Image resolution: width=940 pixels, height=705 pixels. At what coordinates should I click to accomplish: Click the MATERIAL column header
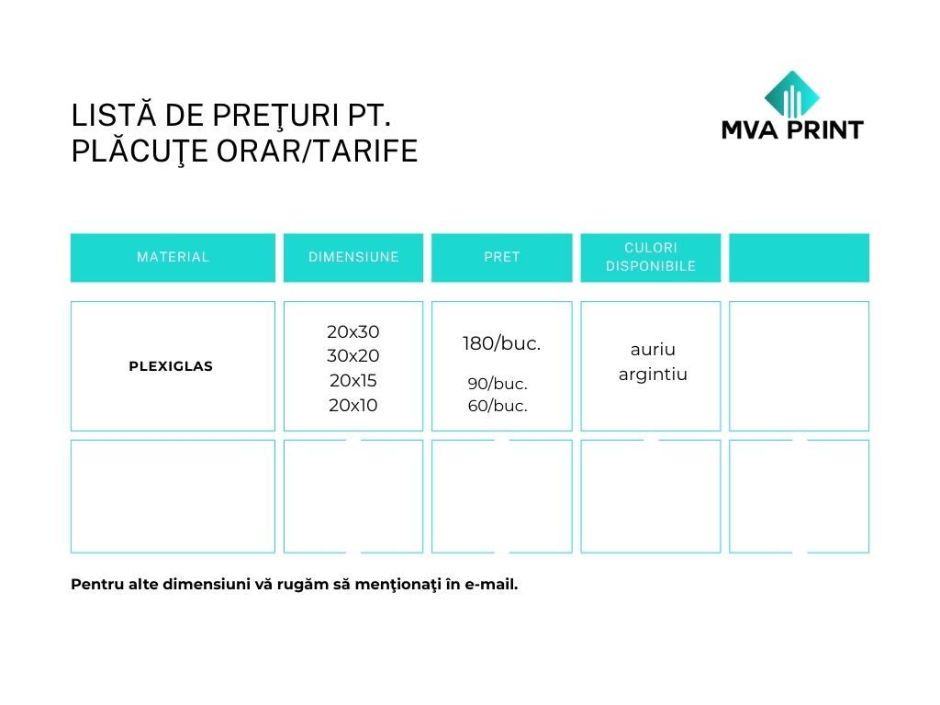pyautogui.click(x=173, y=257)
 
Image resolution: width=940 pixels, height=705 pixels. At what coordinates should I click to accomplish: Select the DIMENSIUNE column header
pyautogui.click(x=353, y=257)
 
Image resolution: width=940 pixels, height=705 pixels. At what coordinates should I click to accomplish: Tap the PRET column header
pyautogui.click(x=502, y=257)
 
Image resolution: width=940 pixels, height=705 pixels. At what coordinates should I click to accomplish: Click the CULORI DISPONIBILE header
pyautogui.click(x=651, y=257)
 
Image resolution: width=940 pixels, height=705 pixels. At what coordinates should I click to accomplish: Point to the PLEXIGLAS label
pyautogui.click(x=171, y=366)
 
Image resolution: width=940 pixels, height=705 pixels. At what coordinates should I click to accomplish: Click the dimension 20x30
pyautogui.click(x=353, y=331)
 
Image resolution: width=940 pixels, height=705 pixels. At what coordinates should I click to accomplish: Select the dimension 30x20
pyautogui.click(x=353, y=356)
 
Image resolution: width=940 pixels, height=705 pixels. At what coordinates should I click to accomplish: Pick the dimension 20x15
pyautogui.click(x=353, y=381)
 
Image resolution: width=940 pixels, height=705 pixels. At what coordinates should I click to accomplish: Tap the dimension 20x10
pyautogui.click(x=353, y=405)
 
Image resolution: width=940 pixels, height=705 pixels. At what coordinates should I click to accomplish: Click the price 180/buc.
pyautogui.click(x=502, y=343)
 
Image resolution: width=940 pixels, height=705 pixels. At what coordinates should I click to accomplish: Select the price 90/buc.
pyautogui.click(x=498, y=384)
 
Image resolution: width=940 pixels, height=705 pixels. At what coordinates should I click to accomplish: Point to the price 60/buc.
pyautogui.click(x=498, y=406)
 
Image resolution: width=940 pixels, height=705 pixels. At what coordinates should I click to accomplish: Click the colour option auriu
pyautogui.click(x=653, y=350)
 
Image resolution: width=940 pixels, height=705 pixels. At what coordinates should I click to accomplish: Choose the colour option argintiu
pyautogui.click(x=653, y=375)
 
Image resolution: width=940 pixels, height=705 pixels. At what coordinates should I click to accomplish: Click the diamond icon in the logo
pyautogui.click(x=792, y=95)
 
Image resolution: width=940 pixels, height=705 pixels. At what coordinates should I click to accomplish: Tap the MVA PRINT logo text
pyautogui.click(x=792, y=130)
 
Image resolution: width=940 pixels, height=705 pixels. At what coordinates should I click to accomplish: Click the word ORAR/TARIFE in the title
pyautogui.click(x=317, y=151)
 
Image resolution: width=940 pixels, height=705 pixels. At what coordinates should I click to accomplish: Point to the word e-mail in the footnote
pyautogui.click(x=492, y=585)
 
